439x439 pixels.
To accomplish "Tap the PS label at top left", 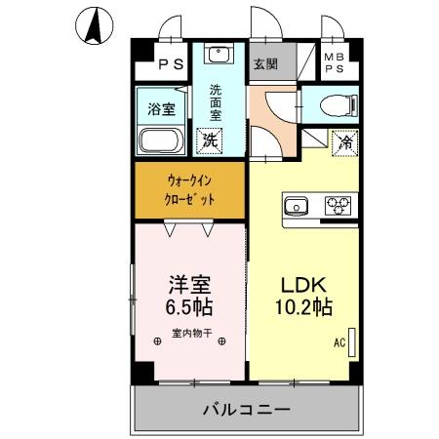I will click(171, 66).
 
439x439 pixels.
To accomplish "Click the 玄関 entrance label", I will click(265, 65).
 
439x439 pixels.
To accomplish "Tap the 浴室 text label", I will click(161, 108).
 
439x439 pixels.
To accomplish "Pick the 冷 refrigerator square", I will click(344, 141).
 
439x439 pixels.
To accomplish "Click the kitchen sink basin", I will click(296, 205).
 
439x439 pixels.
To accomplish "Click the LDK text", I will click(306, 285).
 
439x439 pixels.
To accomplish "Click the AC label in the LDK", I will click(339, 342).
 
